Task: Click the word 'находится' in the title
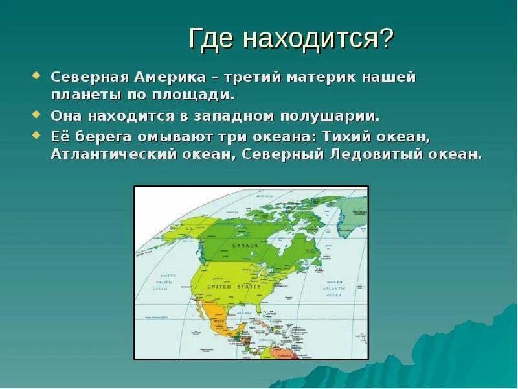[x=310, y=40]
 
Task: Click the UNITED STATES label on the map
[x=234, y=286]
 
